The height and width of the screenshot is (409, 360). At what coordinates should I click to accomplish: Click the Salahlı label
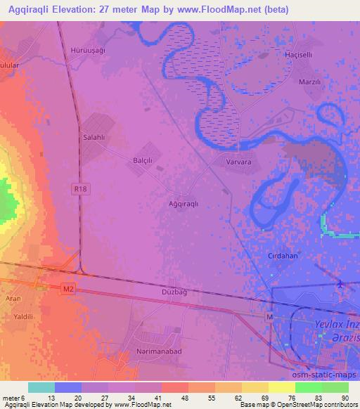pos(94,138)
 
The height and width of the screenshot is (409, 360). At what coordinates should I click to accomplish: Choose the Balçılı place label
pos(143,160)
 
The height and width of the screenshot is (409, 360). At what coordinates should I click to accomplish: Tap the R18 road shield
pos(79,188)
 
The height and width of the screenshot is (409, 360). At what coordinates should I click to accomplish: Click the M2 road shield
pos(67,287)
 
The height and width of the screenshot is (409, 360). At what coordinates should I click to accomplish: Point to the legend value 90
pos(345,398)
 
